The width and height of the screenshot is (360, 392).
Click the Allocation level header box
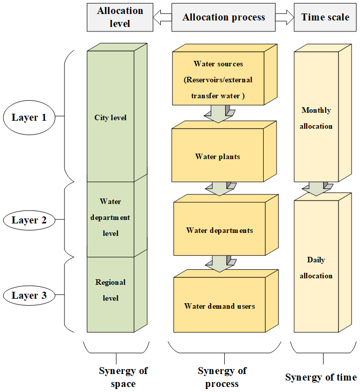pos(120,17)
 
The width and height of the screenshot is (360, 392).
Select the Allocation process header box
pos(224,17)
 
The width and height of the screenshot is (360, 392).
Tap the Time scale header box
pos(325,17)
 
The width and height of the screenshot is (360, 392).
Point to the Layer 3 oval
pos(29,296)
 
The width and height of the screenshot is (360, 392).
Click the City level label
pos(110,118)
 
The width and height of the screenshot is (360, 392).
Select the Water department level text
pos(110,217)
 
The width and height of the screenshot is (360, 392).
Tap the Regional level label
pos(110,290)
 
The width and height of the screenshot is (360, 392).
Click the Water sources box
pos(219,80)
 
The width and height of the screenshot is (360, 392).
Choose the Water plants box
pos(218,157)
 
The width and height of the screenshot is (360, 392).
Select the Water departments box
pos(220,230)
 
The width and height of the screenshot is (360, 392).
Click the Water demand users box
pos(220,306)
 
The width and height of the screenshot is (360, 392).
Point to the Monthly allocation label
pos(316,118)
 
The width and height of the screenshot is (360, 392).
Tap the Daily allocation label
pos(316,268)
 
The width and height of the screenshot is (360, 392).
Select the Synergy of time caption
pos(321,377)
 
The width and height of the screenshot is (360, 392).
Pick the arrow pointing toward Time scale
pos(285,17)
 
